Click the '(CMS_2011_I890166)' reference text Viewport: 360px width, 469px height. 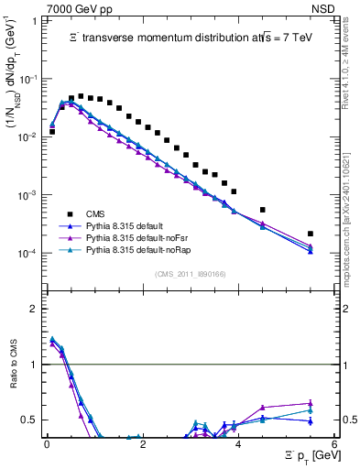[x=191, y=274]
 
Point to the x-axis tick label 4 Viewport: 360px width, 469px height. [x=238, y=444]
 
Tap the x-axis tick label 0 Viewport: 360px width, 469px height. [x=47, y=444]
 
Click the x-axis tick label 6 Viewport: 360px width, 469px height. [x=334, y=444]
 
